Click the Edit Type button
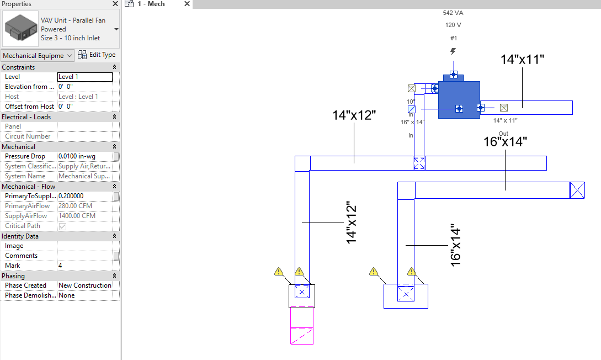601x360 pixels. point(97,55)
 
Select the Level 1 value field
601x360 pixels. point(85,77)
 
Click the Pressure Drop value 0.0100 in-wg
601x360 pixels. point(85,156)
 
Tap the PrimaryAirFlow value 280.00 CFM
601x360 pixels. point(85,206)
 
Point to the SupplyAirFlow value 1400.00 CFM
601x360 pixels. point(85,216)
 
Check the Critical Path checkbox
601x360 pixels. point(62,226)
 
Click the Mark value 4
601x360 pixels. point(85,266)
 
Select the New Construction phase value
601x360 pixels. point(85,285)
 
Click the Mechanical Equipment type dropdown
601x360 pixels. point(38,55)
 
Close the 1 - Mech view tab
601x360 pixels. point(187,4)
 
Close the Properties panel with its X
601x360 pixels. point(115,4)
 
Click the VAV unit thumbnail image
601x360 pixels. point(20,29)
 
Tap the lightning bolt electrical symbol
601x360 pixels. point(453,51)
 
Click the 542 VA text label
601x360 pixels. point(453,13)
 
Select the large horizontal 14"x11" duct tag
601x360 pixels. point(522,60)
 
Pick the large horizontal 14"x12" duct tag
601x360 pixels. point(354,115)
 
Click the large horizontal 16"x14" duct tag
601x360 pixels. point(505,141)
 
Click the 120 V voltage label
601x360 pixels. point(453,25)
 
